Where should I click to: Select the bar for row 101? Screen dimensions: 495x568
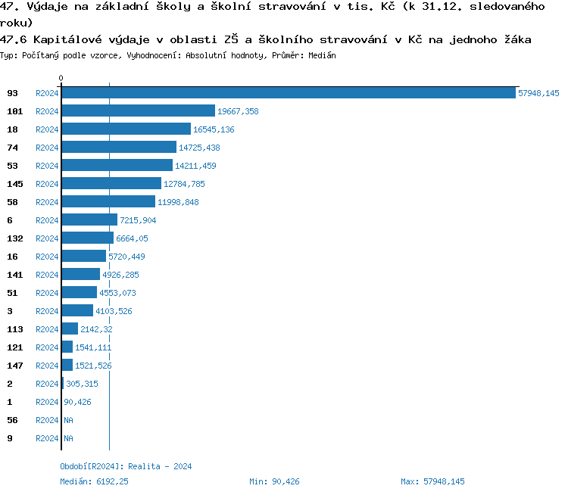coord(138,111)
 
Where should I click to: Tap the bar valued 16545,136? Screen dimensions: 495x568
coord(126,129)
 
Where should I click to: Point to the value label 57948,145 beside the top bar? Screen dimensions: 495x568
coord(538,93)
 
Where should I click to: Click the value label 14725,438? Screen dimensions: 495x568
coord(199,148)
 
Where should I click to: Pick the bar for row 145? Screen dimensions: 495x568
coord(111,184)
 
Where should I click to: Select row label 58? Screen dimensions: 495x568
coord(12,202)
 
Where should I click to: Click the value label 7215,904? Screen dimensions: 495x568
coord(138,220)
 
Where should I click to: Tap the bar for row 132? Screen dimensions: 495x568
coord(87,238)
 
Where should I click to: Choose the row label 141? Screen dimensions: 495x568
coord(14,275)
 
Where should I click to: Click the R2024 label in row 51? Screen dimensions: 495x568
coord(47,293)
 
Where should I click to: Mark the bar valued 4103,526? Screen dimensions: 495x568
coord(77,311)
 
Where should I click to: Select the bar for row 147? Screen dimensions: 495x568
coord(67,366)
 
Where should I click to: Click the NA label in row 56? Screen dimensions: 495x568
coord(68,420)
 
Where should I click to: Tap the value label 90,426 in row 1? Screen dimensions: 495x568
coord(77,402)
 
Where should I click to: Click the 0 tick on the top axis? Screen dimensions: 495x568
coord(61,79)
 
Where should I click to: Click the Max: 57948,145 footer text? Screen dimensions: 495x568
coord(432,481)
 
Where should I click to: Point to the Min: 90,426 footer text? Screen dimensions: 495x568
coord(274,481)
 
